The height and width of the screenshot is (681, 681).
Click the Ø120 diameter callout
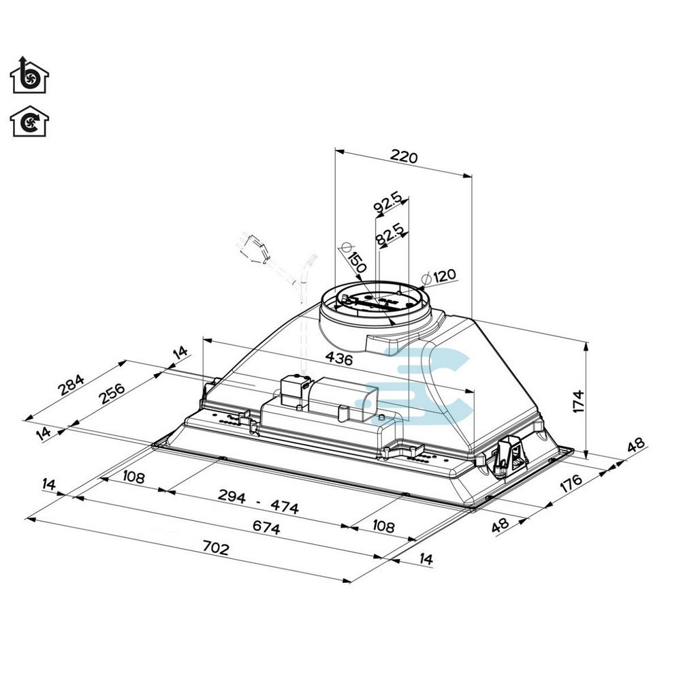440,276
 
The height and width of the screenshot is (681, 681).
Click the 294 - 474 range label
258,501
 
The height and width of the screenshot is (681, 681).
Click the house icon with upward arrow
29,76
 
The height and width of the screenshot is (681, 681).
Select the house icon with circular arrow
29,122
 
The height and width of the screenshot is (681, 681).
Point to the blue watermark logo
429,385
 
